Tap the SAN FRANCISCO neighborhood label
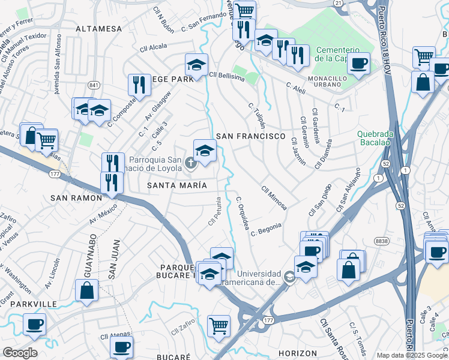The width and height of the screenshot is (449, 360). point(250,136)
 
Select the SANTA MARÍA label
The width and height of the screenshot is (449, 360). point(177,185)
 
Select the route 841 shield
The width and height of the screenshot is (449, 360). point(93,86)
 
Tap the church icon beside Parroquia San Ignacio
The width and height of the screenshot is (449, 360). point(191,163)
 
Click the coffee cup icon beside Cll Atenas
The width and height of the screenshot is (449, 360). point(122,346)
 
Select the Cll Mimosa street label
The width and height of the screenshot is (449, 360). point(274,197)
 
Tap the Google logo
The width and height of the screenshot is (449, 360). point(20,353)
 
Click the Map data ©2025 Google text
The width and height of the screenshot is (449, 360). point(412,355)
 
